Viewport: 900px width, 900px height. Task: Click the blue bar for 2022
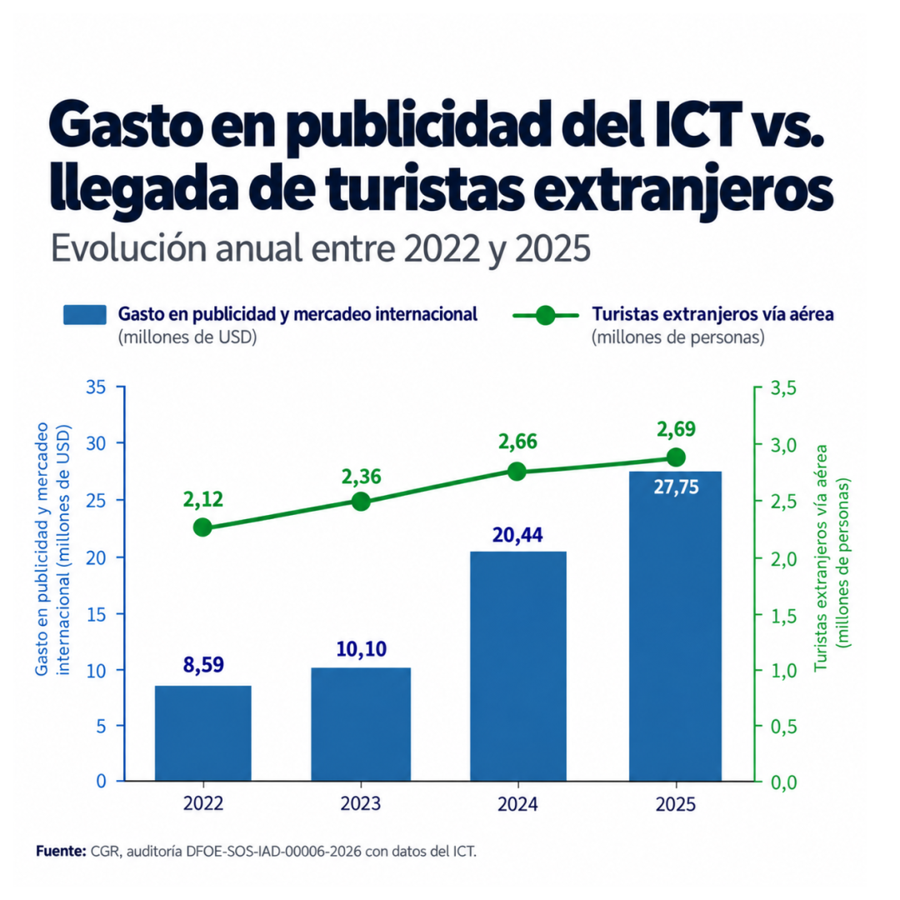tap(203, 733)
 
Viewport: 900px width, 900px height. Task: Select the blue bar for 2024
tap(518, 666)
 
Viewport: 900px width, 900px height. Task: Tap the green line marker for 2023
tap(361, 502)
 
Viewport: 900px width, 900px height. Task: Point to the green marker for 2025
tap(676, 457)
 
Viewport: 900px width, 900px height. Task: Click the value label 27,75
tap(676, 487)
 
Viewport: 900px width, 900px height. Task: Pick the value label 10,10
tap(361, 649)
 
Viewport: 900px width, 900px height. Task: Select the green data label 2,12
tap(202, 499)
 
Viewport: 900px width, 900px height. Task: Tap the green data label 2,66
tap(517, 442)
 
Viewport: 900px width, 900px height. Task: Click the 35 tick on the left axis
tap(96, 387)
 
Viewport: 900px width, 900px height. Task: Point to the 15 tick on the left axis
tap(96, 615)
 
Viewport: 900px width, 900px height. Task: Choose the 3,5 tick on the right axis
tap(783, 388)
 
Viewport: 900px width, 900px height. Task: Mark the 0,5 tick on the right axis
tap(783, 727)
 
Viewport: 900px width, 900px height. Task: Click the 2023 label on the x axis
tap(361, 803)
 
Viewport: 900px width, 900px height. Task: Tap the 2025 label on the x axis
tap(676, 804)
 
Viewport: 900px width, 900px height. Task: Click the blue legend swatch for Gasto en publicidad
tap(85, 315)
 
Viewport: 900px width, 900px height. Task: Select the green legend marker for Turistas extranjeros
tap(545, 315)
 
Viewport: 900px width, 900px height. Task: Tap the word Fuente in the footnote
tap(61, 851)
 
